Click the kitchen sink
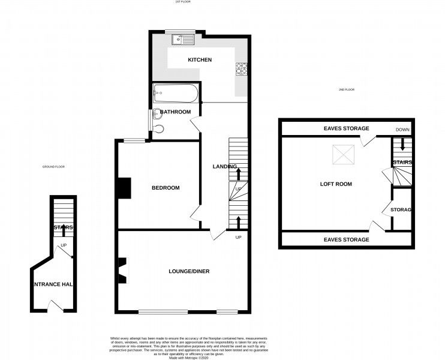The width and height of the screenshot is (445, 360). click(181, 41)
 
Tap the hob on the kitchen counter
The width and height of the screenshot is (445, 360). click(242, 70)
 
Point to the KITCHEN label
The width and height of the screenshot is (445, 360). click(200, 60)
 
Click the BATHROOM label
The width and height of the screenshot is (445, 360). click(176, 112)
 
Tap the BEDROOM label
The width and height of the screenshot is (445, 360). click(166, 188)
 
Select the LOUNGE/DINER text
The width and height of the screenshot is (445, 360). click(188, 271)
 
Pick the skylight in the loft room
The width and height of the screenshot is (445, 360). click(343, 155)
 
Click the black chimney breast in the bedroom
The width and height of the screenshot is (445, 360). click(124, 188)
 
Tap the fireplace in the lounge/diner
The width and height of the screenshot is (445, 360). click(122, 270)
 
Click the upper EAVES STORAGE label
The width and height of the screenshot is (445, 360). click(346, 128)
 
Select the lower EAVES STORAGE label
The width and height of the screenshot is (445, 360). click(346, 239)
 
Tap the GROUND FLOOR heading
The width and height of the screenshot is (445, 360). click(53, 166)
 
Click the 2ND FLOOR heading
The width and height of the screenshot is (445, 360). click(346, 89)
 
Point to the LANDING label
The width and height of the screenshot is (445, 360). click(225, 166)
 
